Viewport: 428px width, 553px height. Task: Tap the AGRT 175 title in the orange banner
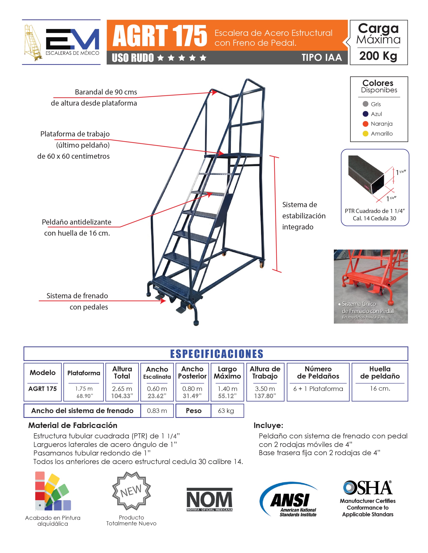coord(160,36)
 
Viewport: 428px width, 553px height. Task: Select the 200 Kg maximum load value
coord(378,56)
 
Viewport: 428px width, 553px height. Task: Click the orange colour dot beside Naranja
coord(365,124)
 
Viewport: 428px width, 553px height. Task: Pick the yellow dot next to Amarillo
coord(365,134)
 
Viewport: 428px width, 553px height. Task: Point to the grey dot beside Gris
coord(365,104)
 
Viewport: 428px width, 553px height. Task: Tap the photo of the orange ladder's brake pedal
coord(370,286)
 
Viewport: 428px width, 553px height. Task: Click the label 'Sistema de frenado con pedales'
coord(77,301)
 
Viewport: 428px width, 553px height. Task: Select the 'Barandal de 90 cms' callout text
coord(106,92)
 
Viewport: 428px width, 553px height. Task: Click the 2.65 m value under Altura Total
coord(122,389)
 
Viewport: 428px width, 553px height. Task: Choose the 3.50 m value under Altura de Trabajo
coord(265,389)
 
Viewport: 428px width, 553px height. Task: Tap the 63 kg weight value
coord(226,411)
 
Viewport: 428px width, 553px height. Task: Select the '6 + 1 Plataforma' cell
coord(318,389)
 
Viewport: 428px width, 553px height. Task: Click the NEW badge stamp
coord(131,491)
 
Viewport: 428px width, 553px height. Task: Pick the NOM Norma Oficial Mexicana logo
coord(210,500)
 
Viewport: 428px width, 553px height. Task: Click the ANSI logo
coord(289,500)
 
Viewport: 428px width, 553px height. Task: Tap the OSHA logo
coord(368,488)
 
